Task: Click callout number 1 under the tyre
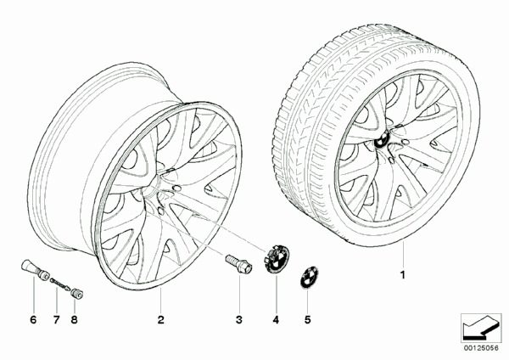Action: click(403, 275)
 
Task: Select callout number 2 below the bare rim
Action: click(160, 320)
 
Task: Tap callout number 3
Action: click(239, 320)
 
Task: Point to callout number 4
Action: click(276, 320)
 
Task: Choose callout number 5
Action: click(307, 320)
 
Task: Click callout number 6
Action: click(33, 320)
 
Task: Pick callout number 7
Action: click(57, 320)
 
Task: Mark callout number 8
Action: click(74, 320)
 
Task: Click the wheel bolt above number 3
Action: click(238, 263)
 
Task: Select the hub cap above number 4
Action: click(276, 259)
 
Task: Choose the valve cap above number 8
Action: click(77, 294)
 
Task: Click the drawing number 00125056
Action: click(481, 348)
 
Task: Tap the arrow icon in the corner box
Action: click(481, 328)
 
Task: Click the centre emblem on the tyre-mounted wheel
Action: click(380, 141)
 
